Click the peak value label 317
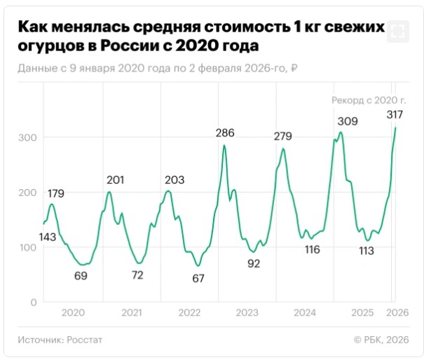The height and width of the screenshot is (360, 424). [394, 115]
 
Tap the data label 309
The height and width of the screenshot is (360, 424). [348, 121]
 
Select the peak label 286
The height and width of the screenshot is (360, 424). [225, 132]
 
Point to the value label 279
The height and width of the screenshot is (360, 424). [283, 136]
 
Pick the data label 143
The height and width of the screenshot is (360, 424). [48, 237]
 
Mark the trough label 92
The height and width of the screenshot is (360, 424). [254, 264]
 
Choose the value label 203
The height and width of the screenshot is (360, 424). [175, 181]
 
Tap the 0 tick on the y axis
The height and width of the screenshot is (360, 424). [32, 303]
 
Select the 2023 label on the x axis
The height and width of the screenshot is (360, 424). [247, 312]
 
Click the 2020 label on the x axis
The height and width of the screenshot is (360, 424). [74, 312]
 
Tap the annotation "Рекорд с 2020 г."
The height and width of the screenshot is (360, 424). [369, 101]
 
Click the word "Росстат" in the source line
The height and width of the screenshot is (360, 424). [85, 340]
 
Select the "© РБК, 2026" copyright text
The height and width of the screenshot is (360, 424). [381, 340]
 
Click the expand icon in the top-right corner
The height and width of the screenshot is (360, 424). [397, 31]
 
